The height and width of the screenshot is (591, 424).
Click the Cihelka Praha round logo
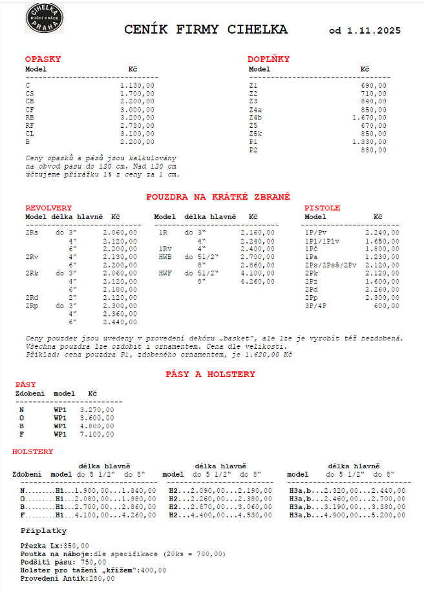point(45,18)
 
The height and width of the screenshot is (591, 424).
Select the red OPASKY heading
point(43,59)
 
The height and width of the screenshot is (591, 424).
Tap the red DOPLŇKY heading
point(268,59)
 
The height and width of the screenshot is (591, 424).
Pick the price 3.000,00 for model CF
point(137,110)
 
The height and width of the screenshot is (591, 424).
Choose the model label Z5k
point(255,134)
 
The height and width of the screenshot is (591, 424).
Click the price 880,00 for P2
point(374,150)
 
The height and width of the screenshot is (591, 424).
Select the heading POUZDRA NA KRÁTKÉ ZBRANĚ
point(218,196)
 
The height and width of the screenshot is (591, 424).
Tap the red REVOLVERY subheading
point(48,208)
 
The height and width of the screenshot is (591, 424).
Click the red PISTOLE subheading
point(322,208)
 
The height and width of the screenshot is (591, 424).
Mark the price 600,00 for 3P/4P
point(387,306)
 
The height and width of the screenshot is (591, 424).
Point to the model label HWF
point(165,273)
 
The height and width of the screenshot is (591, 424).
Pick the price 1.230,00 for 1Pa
point(382,256)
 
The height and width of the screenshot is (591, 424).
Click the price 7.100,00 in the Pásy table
point(97,434)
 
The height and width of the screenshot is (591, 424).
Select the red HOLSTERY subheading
point(33,451)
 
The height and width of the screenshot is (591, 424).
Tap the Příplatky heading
point(44,530)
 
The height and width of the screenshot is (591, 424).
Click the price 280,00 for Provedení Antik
point(98,578)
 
